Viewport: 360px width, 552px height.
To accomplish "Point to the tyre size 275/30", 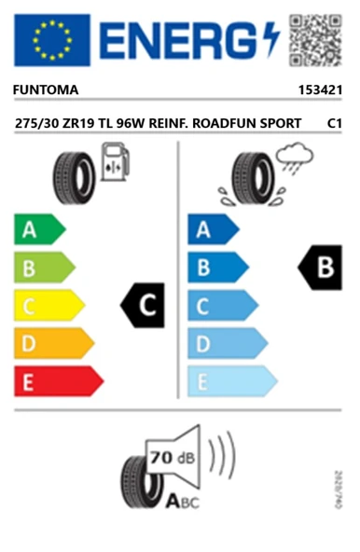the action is (x=40, y=123).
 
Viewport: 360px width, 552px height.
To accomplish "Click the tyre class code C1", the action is (x=334, y=123).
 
